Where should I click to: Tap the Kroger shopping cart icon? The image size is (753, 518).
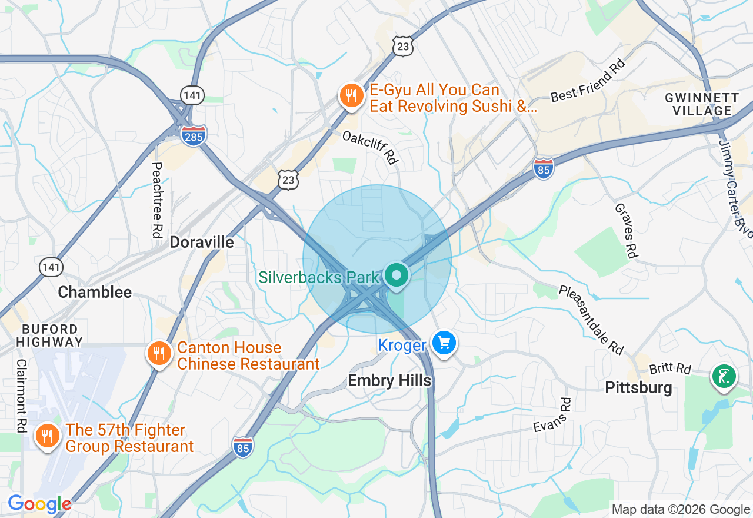(x=444, y=343)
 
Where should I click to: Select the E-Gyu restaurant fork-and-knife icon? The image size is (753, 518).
(x=352, y=96)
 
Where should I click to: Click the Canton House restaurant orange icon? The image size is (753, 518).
(x=159, y=354)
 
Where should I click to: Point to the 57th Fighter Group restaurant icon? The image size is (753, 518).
(x=48, y=436)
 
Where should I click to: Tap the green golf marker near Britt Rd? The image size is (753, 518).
(x=724, y=376)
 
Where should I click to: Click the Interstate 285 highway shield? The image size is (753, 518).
(x=193, y=135)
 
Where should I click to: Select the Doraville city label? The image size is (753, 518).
(x=202, y=242)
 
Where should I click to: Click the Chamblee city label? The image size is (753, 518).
(x=95, y=293)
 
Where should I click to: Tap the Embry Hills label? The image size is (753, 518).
(x=389, y=380)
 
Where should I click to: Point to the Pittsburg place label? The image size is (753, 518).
(x=638, y=388)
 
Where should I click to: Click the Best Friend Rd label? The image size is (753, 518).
(x=587, y=81)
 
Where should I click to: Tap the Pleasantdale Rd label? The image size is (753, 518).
(x=591, y=320)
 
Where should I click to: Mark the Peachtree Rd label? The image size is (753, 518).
(x=156, y=200)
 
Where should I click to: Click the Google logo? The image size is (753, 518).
(x=39, y=504)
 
